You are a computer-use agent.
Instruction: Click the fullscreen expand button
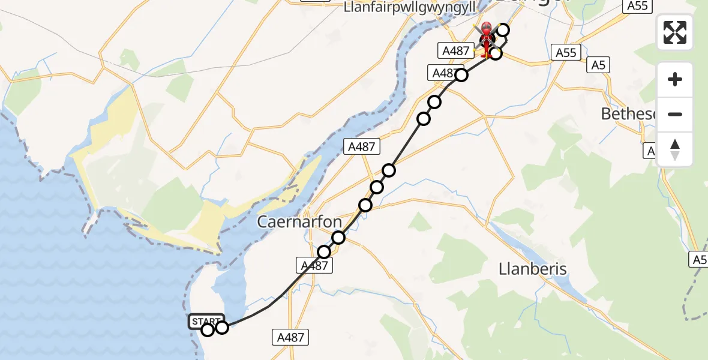(675, 32)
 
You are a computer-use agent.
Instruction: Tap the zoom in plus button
(675, 80)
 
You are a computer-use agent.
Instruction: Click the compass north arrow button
(675, 149)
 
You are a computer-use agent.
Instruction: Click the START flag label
(206, 321)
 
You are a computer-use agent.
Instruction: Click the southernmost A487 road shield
(291, 337)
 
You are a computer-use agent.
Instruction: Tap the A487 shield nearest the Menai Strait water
(362, 146)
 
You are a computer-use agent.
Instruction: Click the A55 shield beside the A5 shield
(566, 53)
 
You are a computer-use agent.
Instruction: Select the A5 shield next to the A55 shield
(598, 65)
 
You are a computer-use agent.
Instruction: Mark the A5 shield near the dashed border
(698, 259)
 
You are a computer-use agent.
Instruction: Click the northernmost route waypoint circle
(503, 30)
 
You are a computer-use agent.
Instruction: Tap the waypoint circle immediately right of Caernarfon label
(338, 238)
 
